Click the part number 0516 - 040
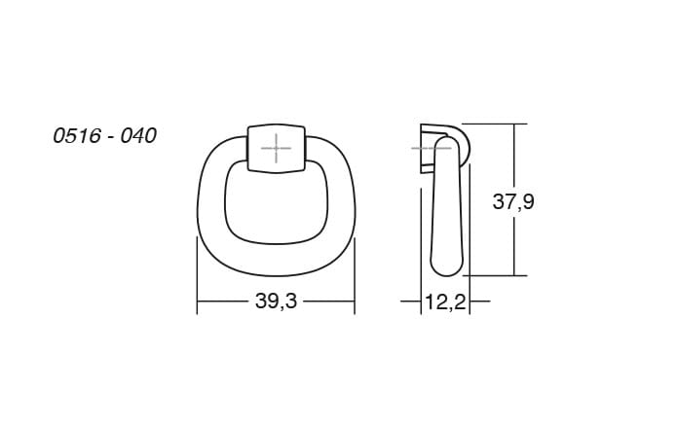point(104,136)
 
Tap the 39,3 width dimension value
point(276,301)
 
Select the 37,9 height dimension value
point(513,201)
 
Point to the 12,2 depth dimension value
point(445,302)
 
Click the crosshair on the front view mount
point(276,149)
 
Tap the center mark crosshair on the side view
point(432,149)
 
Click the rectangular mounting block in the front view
point(276,149)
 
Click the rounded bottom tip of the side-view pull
point(446,270)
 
